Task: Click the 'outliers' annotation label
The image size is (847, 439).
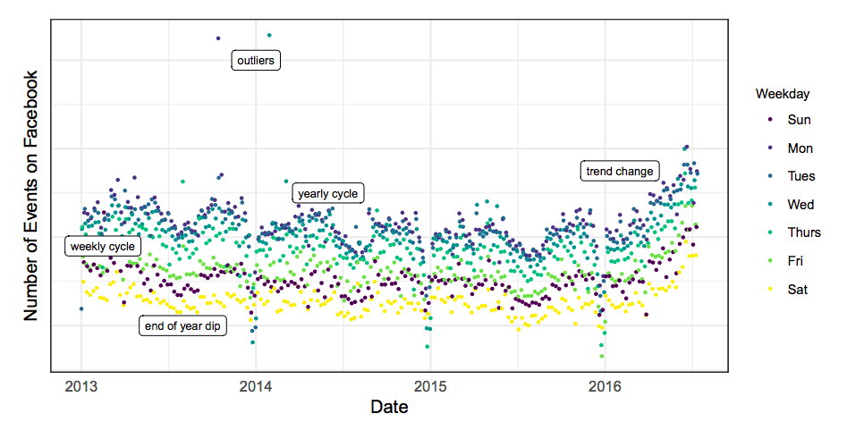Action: tap(256, 61)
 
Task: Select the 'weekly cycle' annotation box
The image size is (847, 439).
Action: tap(103, 246)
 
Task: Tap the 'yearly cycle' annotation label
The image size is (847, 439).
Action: tap(328, 193)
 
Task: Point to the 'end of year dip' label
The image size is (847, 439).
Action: tap(182, 325)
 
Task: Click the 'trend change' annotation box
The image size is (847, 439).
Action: tap(620, 171)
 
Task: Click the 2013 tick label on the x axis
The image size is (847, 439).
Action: tap(81, 386)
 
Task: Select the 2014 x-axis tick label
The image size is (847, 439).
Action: tap(256, 386)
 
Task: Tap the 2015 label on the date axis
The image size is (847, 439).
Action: tap(430, 386)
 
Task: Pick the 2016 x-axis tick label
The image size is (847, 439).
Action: tap(605, 386)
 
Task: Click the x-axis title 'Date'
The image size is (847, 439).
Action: tap(389, 407)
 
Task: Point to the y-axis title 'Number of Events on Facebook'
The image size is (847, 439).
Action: tap(30, 196)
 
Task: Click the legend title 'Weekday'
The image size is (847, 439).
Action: tap(783, 94)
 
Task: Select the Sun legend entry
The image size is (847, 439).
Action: tap(790, 120)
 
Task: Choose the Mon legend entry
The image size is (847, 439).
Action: tap(791, 148)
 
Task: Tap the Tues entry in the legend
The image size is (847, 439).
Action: tap(792, 176)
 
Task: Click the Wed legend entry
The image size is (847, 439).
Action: tap(792, 205)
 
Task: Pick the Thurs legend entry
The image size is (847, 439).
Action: tap(794, 232)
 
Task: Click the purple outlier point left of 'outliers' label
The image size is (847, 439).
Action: tap(218, 38)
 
